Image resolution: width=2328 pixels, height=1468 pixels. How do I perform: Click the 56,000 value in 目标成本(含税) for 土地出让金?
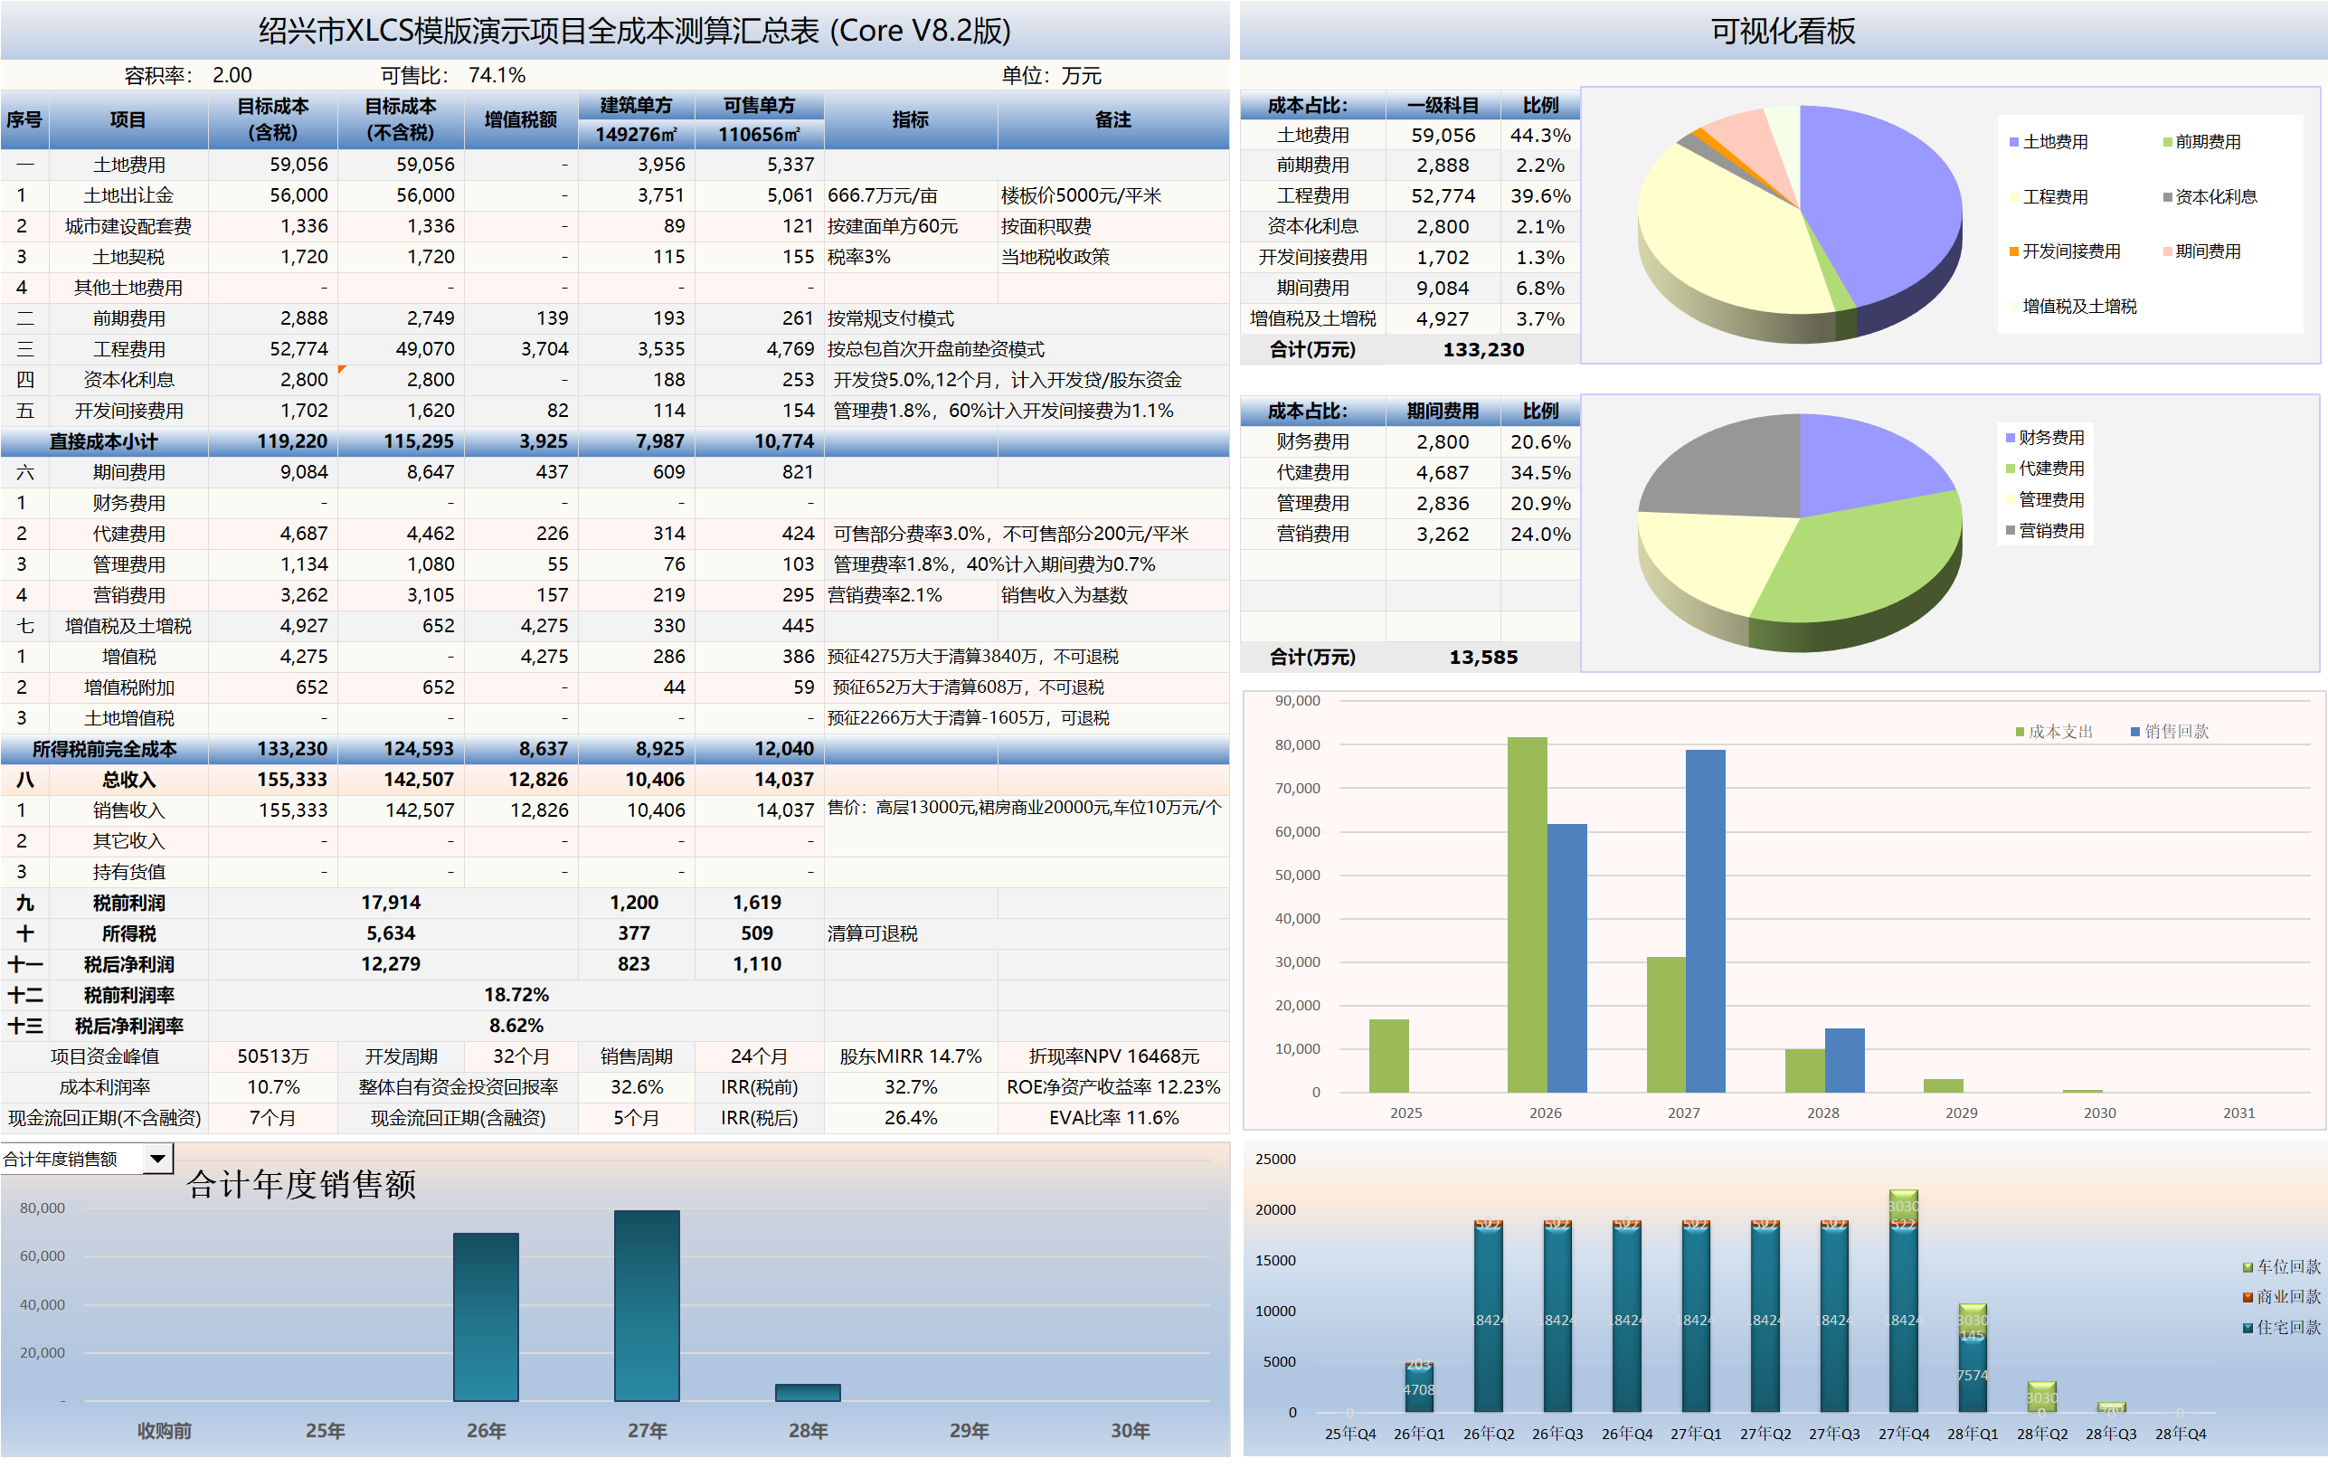(x=298, y=195)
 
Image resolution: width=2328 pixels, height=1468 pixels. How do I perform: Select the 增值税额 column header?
(x=520, y=120)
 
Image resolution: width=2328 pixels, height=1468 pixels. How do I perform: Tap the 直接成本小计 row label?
(x=103, y=442)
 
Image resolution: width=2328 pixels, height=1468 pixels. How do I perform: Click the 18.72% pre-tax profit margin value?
(x=516, y=995)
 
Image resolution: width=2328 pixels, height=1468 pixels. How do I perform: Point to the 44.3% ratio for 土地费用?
(x=1539, y=136)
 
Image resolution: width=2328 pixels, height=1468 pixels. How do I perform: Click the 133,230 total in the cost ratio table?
(x=1482, y=350)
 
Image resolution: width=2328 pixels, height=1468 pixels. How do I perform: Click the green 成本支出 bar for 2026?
(x=1527, y=914)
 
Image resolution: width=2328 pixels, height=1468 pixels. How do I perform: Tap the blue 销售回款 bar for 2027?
(x=1705, y=921)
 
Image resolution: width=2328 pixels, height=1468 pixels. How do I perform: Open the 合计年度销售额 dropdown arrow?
(x=157, y=1159)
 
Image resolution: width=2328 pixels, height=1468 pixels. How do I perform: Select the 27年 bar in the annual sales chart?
(x=647, y=1305)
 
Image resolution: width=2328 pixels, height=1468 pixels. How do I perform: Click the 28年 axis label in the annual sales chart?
(x=808, y=1430)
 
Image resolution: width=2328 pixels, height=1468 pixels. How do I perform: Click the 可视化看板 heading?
(x=1782, y=31)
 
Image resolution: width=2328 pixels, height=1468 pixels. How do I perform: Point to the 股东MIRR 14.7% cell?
(x=910, y=1057)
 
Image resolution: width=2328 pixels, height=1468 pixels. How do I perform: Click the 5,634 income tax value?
(x=391, y=934)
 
